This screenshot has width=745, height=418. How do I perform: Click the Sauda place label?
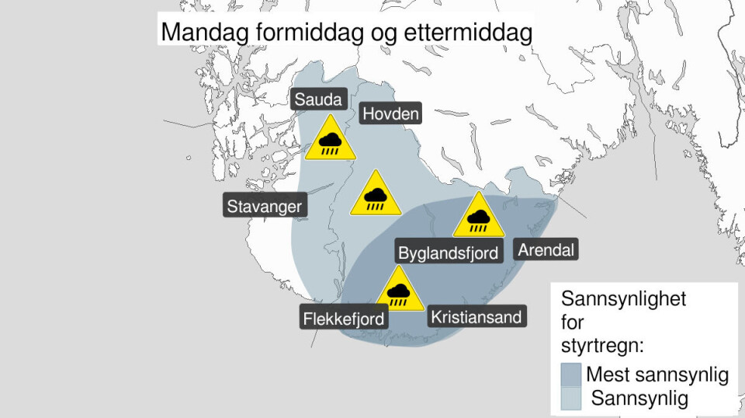317,99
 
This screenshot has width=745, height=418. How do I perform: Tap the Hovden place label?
392,115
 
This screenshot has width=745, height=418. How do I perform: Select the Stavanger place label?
264,207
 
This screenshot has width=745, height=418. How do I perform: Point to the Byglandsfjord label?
448,253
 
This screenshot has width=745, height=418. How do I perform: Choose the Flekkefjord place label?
342,318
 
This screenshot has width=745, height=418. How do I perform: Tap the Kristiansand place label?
476,317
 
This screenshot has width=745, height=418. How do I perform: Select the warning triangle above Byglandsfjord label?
478,216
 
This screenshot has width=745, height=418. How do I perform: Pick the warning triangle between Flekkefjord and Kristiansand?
399,291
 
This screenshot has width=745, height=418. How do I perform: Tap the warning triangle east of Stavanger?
376,194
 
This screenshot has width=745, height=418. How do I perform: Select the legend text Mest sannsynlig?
657,375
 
